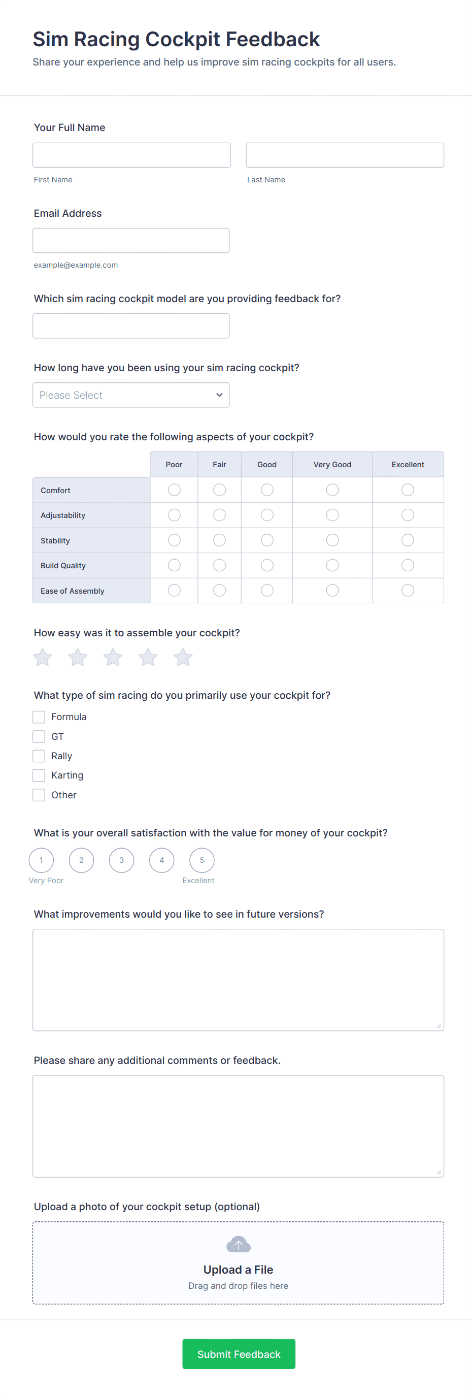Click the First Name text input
coord(131,155)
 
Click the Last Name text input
coord(345,155)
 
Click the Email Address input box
coord(131,240)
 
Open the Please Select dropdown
coord(131,395)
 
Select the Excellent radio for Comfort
coord(408,490)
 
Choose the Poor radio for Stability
coord(174,540)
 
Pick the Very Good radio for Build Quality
coord(332,565)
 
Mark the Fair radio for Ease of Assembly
coord(220,591)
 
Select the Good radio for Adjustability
coord(267,514)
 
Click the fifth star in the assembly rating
coord(183,658)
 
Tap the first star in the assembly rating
coord(43,658)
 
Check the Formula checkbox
coord(39,717)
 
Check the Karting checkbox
coord(39,775)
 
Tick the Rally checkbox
coord(39,756)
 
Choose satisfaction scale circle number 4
coord(162,860)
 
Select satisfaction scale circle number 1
coord(41,860)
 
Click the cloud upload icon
coord(239,1245)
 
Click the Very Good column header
coord(332,464)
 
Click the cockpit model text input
coord(131,326)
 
